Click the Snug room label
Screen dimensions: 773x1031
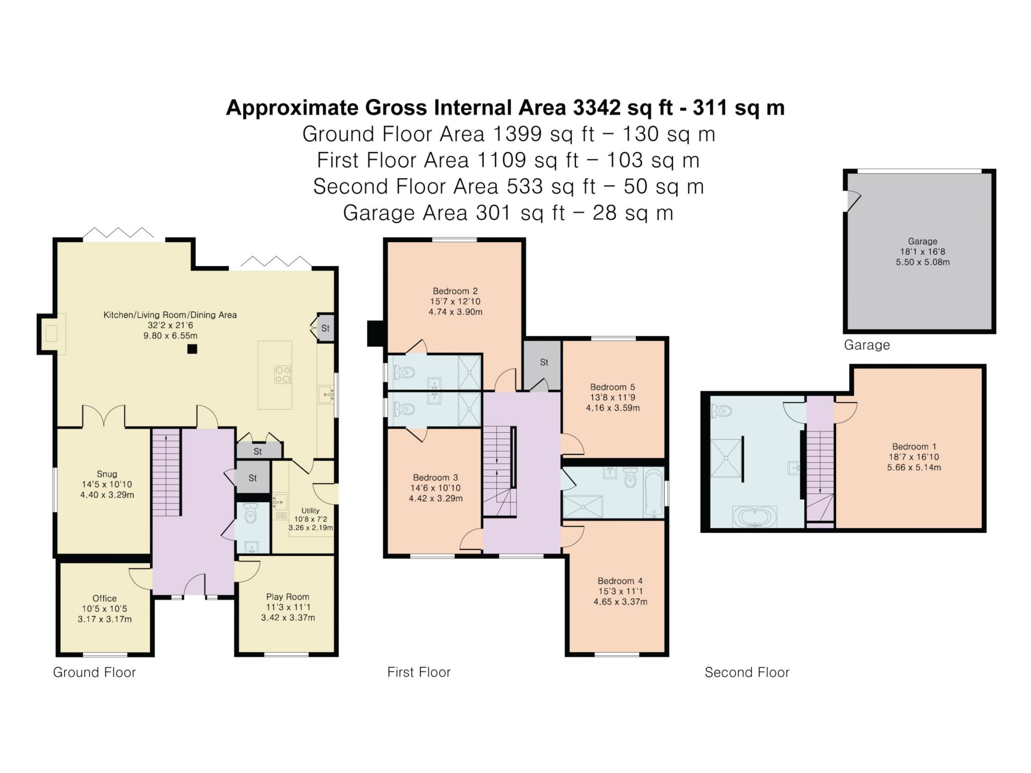pos(107,474)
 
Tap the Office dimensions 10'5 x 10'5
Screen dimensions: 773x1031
pos(105,609)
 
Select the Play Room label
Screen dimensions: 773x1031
pos(287,597)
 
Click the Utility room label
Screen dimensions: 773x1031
pos(310,510)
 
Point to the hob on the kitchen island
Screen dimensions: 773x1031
pos(283,374)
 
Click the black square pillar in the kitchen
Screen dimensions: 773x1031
pos(192,349)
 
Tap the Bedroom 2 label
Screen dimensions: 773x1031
pos(455,291)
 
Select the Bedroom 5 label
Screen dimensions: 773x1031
pos(613,387)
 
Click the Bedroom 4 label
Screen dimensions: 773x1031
pos(620,581)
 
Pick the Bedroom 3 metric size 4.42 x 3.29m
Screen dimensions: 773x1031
pos(435,499)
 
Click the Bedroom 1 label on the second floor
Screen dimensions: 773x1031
pos(914,446)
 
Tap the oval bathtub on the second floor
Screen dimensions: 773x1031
pos(755,517)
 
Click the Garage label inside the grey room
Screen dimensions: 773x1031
pos(922,241)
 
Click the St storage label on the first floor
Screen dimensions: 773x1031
pos(544,362)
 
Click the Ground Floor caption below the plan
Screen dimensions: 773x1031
pos(95,672)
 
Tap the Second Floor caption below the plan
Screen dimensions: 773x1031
pos(747,672)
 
